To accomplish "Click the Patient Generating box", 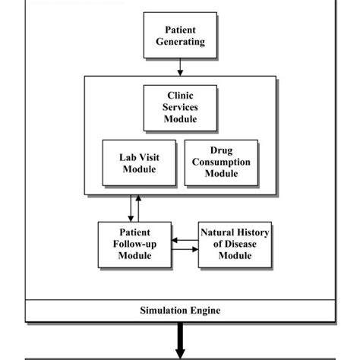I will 180,35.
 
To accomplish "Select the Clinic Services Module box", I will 180,108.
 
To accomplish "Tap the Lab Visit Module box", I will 139,163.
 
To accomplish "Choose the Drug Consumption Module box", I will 220,163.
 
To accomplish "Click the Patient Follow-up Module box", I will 134,244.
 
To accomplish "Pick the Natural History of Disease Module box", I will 235,245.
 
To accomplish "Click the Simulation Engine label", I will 180,311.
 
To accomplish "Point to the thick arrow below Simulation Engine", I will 180,339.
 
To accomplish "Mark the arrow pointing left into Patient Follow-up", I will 184,240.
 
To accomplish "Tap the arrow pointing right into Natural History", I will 184,248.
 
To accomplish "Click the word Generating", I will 180,42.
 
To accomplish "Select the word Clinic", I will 180,96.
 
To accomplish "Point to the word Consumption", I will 220,163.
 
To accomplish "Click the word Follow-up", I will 134,244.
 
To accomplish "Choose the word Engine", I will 205,311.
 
